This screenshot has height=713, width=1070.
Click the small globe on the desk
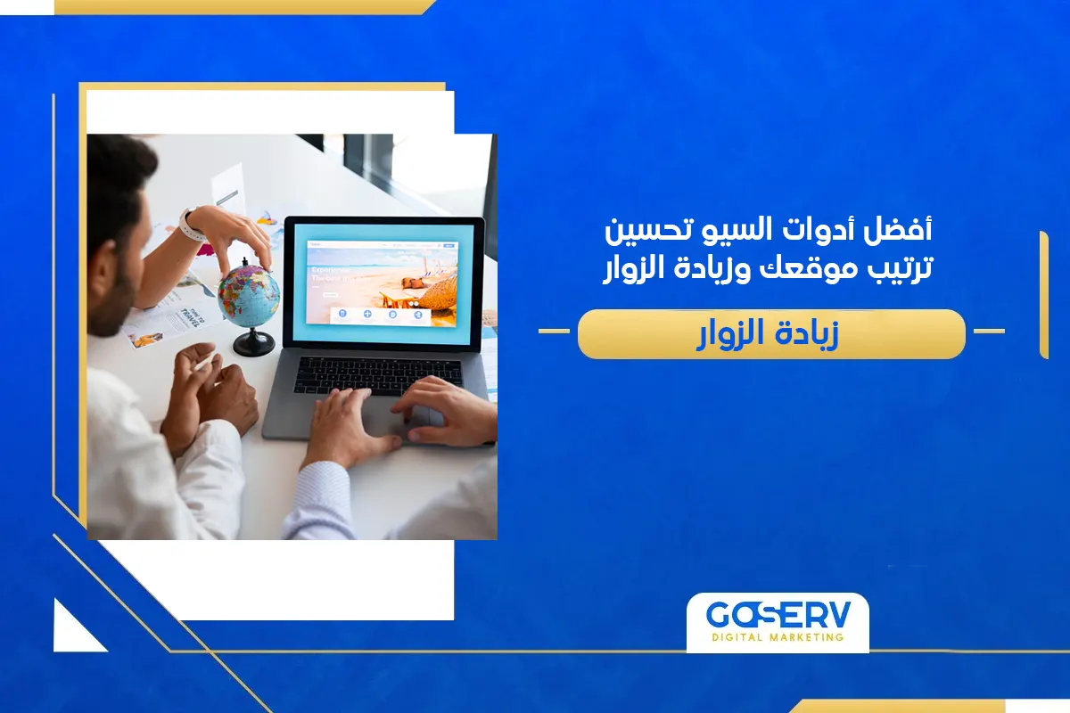(x=248, y=294)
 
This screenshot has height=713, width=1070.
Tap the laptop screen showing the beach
(x=383, y=281)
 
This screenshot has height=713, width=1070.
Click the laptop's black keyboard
(x=378, y=374)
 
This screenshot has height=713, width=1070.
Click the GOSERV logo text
(x=777, y=616)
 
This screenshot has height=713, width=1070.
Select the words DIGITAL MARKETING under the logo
(x=777, y=638)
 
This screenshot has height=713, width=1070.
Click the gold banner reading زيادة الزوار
(x=771, y=334)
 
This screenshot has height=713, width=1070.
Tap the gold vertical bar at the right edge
(x=1043, y=294)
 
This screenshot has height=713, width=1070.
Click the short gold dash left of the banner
(x=554, y=332)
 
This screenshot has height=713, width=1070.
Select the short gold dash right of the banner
(x=988, y=332)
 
